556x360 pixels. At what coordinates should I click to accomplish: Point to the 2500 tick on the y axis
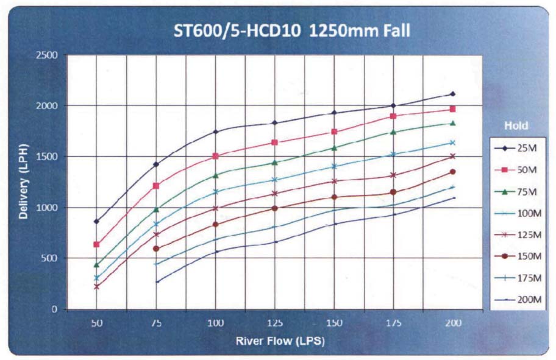coord(48,55)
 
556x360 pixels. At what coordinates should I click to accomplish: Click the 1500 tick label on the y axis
coord(48,157)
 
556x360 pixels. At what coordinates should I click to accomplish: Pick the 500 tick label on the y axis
coord(50,258)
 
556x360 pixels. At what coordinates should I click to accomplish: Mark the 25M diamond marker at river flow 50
coord(96,222)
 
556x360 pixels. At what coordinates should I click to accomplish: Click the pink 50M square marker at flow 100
coord(215,156)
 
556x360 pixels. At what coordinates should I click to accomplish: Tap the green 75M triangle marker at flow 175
coord(394,132)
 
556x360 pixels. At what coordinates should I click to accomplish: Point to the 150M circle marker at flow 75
coord(156,249)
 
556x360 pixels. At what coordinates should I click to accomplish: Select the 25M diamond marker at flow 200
coord(453,94)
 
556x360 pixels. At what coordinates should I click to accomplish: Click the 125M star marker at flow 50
coord(96,286)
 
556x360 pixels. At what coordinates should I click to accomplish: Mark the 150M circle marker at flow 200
coord(453,172)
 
